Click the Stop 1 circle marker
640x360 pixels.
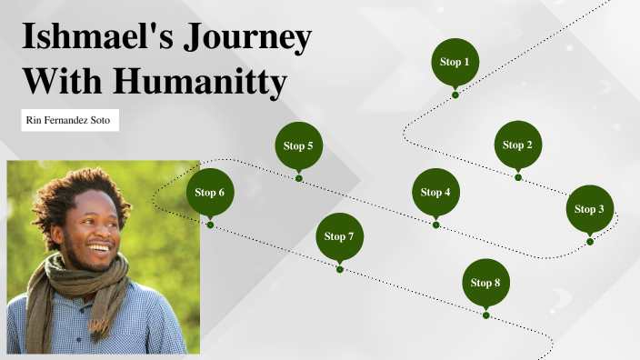point(455,62)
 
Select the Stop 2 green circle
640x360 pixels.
point(518,145)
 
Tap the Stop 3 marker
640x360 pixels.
point(589,209)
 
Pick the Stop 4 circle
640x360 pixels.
point(435,192)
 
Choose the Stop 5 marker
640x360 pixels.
point(298,145)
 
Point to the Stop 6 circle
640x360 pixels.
point(210,192)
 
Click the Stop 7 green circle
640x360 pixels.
point(339,236)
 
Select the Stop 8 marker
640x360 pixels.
point(485,283)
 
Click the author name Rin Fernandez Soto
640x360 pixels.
point(70,120)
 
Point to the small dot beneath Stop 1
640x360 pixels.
point(455,95)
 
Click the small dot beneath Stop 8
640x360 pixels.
point(486,315)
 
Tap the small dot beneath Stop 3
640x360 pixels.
point(590,242)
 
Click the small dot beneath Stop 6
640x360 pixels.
point(211,225)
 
